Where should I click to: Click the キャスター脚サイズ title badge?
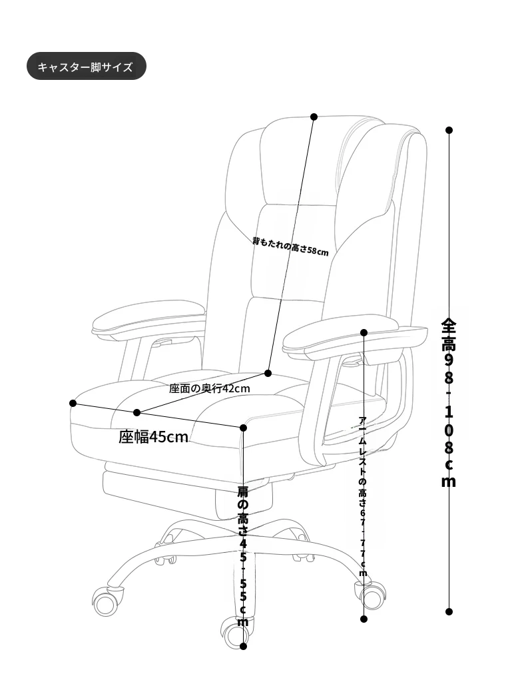(87, 67)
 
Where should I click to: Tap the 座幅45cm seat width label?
(153, 437)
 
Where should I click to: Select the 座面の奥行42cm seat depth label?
(210, 388)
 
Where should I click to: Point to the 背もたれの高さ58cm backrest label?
(290, 246)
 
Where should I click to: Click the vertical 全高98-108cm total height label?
(449, 402)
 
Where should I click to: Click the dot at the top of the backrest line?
(314, 117)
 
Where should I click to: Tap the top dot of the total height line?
(449, 130)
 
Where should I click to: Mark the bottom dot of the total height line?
(449, 611)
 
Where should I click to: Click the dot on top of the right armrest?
(364, 332)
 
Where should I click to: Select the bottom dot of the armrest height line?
(364, 619)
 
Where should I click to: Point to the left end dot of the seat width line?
(73, 403)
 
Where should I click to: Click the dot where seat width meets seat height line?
(244, 428)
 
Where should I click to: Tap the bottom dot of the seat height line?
(244, 646)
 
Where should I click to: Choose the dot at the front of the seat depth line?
(137, 412)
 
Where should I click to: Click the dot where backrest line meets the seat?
(268, 373)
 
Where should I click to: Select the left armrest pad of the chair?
(148, 317)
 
